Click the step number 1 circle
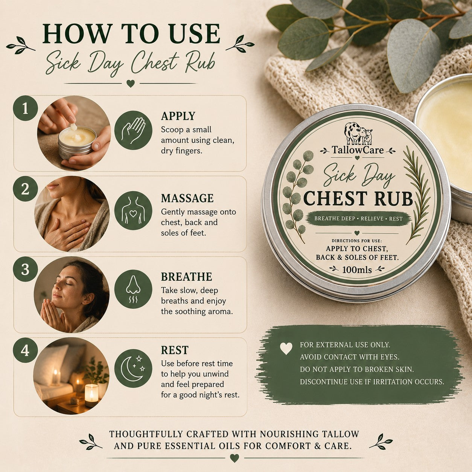click(x=25, y=108)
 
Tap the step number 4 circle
click(x=25, y=350)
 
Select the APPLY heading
click(x=178, y=116)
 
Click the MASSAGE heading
click(x=187, y=198)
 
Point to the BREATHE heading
click(x=186, y=277)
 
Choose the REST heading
click(x=175, y=350)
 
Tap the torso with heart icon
click(x=133, y=211)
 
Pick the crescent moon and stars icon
click(x=133, y=368)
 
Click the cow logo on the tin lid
click(x=358, y=134)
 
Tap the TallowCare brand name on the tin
click(x=358, y=150)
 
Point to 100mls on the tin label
click(x=357, y=269)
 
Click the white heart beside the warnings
click(x=286, y=348)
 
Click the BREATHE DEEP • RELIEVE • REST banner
click(x=358, y=218)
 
